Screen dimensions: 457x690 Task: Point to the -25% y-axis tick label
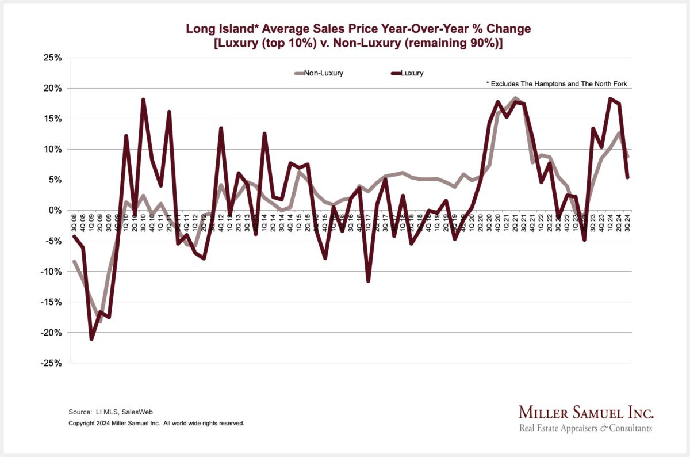click(51, 363)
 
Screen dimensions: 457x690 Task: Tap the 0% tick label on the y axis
click(55, 211)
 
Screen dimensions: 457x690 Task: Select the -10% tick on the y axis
click(51, 272)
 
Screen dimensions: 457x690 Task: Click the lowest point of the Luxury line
click(91, 339)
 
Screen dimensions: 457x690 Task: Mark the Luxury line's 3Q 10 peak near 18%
click(143, 100)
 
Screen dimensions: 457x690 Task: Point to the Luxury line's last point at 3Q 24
click(627, 177)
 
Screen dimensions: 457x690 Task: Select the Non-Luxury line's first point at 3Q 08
click(74, 261)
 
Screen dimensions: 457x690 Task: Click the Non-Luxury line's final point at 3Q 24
click(627, 157)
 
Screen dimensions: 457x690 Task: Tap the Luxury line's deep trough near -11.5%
click(368, 281)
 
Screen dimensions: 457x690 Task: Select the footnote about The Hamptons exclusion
click(557, 85)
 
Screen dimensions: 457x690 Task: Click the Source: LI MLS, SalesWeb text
click(110, 412)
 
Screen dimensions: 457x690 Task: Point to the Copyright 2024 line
click(156, 423)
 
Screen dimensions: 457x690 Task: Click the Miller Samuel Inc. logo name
click(586, 413)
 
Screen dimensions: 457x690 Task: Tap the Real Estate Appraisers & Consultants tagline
click(585, 428)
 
